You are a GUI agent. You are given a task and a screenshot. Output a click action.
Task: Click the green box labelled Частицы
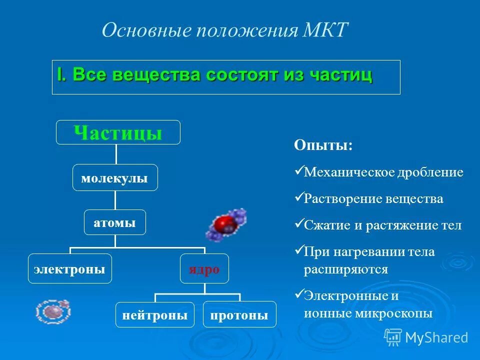[x=118, y=133]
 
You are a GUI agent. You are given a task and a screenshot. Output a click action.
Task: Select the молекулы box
[x=115, y=177]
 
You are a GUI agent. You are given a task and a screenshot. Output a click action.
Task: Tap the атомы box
[x=115, y=222]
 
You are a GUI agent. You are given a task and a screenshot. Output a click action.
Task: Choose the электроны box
[x=69, y=268]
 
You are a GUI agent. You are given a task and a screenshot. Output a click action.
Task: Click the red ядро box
[x=204, y=268]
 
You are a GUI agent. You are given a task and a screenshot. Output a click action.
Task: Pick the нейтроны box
[x=155, y=314]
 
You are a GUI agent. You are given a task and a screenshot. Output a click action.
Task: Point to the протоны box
[x=239, y=314]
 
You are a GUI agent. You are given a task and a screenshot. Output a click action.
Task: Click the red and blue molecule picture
[x=226, y=223]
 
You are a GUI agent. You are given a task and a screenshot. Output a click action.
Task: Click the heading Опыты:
[x=323, y=145]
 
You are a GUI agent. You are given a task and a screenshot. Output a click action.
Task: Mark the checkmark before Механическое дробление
[x=298, y=171]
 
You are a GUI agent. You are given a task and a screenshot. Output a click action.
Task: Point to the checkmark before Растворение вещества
[x=298, y=197]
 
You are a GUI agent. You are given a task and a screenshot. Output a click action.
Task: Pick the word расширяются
[x=345, y=269]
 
